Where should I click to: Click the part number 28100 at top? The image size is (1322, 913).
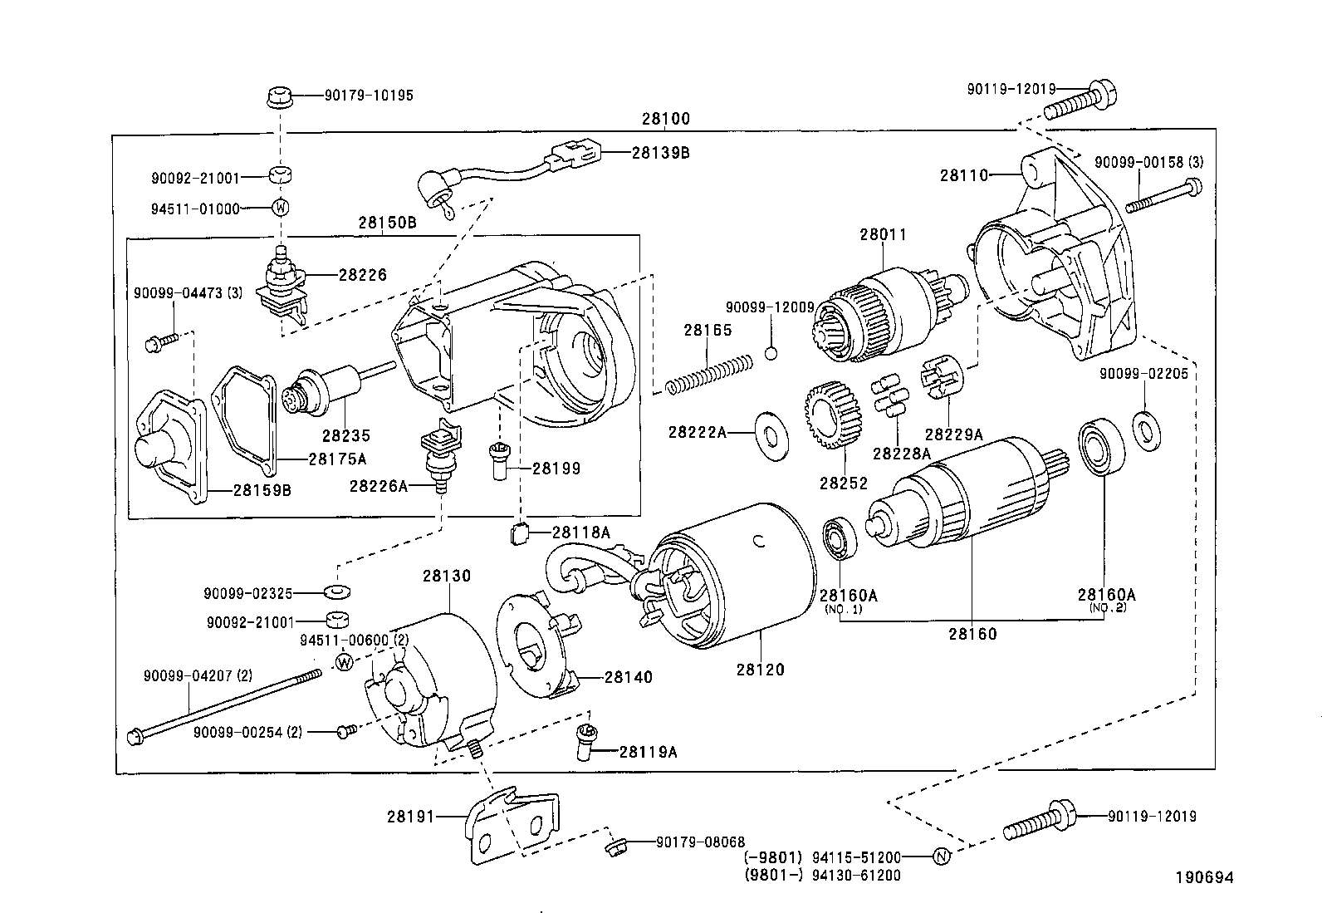point(665,119)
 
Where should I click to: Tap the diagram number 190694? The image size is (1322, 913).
point(1204,877)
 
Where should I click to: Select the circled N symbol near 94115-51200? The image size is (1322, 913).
point(941,857)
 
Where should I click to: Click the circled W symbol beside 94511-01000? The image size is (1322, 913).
point(281,208)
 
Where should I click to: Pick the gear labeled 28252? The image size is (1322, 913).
point(832,415)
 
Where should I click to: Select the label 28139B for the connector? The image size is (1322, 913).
point(660,153)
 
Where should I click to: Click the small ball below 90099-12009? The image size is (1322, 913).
point(771,352)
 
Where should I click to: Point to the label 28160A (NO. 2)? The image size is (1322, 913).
point(1106,595)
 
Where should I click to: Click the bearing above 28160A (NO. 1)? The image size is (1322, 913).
point(840,540)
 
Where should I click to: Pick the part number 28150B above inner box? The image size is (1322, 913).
point(388,223)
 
